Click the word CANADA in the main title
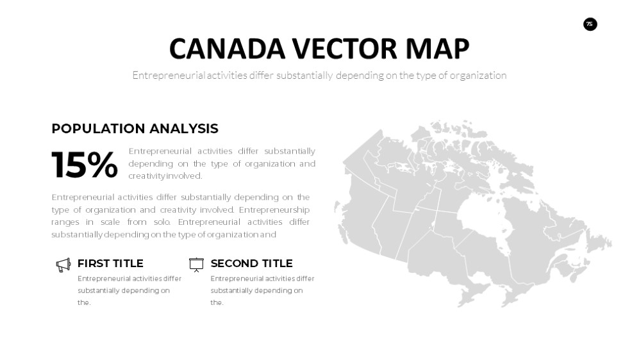click(x=227, y=49)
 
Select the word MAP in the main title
click(x=437, y=49)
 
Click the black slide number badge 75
click(x=590, y=24)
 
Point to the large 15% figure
click(x=85, y=165)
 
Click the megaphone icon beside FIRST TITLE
click(x=63, y=265)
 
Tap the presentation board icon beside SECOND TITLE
click(x=196, y=265)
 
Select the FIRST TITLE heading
click(x=110, y=263)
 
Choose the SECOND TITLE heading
click(x=251, y=263)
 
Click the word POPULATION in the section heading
click(x=98, y=129)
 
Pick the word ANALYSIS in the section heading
click(x=184, y=129)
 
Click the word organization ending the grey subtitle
click(x=478, y=76)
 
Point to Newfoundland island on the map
click(x=599, y=241)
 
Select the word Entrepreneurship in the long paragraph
click(x=274, y=209)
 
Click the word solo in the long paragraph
click(x=162, y=222)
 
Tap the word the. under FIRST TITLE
click(x=84, y=302)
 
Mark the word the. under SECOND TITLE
click(x=217, y=302)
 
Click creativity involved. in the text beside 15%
click(x=165, y=176)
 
